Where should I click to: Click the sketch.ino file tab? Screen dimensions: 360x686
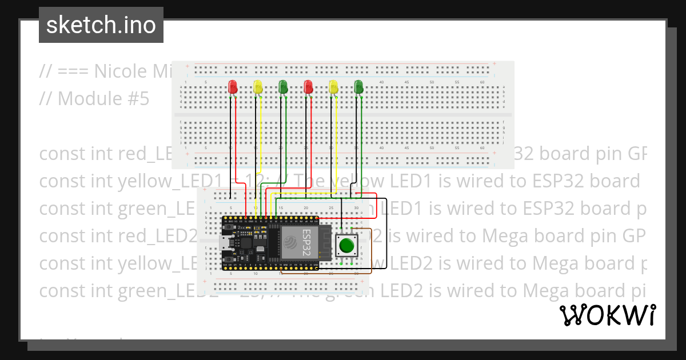click(101, 25)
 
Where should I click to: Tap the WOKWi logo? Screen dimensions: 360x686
click(608, 315)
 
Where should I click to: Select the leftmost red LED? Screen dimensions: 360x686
click(233, 87)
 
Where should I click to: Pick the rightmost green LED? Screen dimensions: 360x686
click(358, 87)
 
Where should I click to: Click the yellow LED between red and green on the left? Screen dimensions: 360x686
click(258, 87)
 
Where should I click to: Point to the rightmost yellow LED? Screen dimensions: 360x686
click(333, 87)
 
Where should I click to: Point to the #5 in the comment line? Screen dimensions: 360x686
click(137, 99)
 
